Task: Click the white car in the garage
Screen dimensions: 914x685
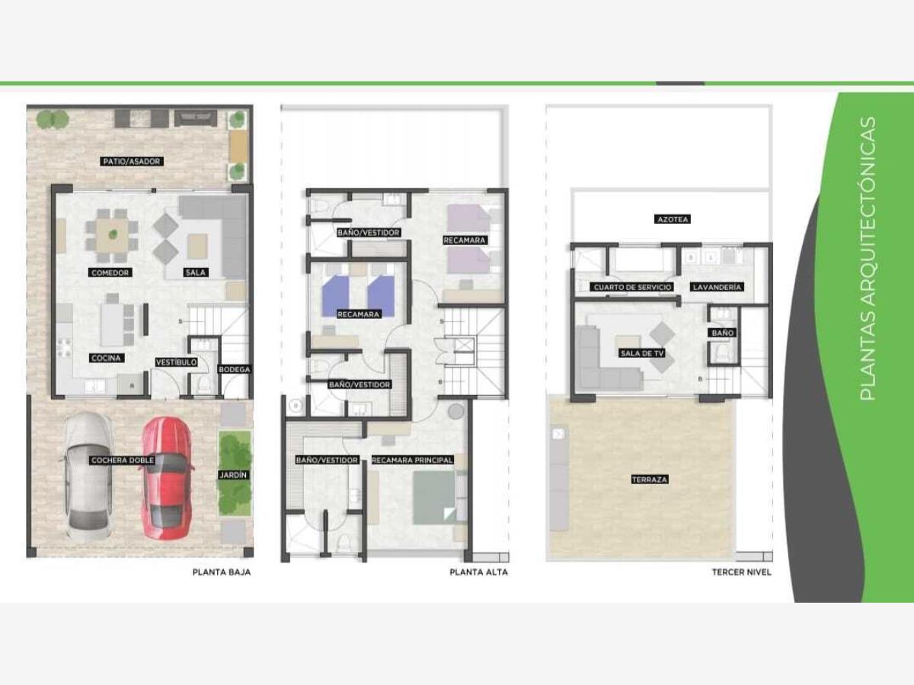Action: [x=88, y=476]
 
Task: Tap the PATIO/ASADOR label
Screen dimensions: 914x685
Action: [x=132, y=161]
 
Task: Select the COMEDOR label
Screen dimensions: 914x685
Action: [x=110, y=272]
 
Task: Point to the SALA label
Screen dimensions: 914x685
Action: [x=196, y=272]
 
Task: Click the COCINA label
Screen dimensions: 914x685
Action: [x=106, y=358]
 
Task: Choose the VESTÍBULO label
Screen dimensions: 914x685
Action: [x=176, y=362]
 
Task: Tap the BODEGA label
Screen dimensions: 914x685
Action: [x=235, y=369]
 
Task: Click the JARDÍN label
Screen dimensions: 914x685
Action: [x=233, y=475]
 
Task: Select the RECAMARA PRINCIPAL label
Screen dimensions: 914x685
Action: [x=412, y=460]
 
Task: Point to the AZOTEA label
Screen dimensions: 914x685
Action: [x=673, y=219]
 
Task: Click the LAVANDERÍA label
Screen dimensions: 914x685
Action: [x=716, y=287]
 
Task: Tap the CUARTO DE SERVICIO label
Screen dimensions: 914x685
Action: [x=632, y=288]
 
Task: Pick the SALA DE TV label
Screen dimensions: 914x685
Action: [x=642, y=353]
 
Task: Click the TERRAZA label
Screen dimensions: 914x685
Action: [x=650, y=479]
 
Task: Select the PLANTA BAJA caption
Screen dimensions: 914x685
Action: [x=222, y=572]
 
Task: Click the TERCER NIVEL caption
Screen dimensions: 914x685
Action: [x=742, y=572]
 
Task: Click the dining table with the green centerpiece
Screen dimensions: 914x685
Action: [x=113, y=235]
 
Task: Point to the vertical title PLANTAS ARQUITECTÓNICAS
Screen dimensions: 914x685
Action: [x=868, y=259]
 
